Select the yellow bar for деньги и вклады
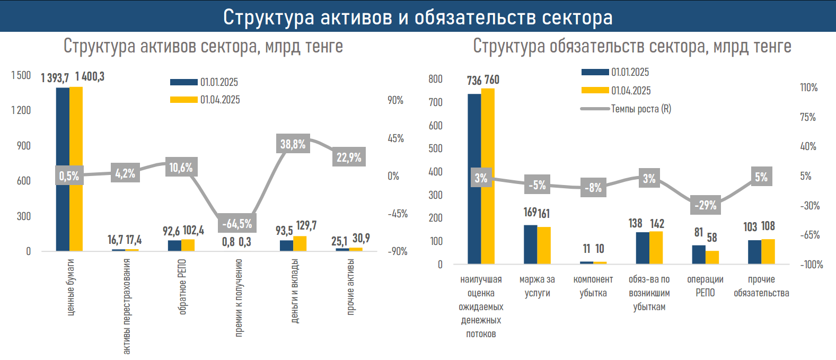pyautogui.click(x=300, y=243)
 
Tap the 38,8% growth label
pyautogui.click(x=293, y=144)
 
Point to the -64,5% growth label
pyautogui.click(x=237, y=224)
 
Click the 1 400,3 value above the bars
pyautogui.click(x=90, y=77)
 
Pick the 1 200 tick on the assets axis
pyautogui.click(x=21, y=110)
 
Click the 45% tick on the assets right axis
pyautogui.click(x=395, y=138)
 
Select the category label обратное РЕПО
pyautogui.click(x=183, y=286)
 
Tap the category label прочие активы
pyautogui.click(x=350, y=286)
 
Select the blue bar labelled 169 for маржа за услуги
pyautogui.click(x=530, y=244)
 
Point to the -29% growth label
pyautogui.click(x=705, y=205)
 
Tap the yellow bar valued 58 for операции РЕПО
pyautogui.click(x=712, y=257)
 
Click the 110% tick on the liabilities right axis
pyautogui.click(x=808, y=87)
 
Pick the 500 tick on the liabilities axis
pyautogui.click(x=435, y=148)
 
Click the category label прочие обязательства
pyautogui.click(x=761, y=286)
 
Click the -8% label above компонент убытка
pyautogui.click(x=593, y=188)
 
